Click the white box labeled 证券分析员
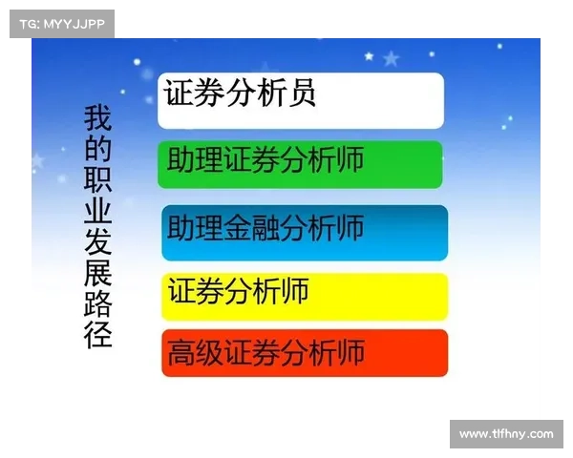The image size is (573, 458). pyautogui.click(x=301, y=100)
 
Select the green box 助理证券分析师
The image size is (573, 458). pyautogui.click(x=301, y=164)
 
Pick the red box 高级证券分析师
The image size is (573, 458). pyautogui.click(x=304, y=353)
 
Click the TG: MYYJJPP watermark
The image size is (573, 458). pyautogui.click(x=61, y=24)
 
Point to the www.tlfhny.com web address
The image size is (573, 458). pyautogui.click(x=505, y=434)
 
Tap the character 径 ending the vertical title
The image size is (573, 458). pyautogui.click(x=98, y=335)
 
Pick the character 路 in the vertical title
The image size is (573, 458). pyautogui.click(x=98, y=304)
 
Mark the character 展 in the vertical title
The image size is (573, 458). pyautogui.click(x=98, y=274)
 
